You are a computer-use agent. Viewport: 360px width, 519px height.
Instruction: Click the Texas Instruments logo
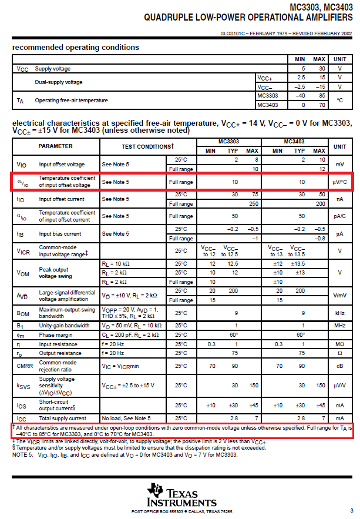182,497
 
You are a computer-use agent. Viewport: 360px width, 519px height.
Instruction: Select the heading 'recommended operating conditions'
76,47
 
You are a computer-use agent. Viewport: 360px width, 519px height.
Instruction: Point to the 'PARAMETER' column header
56,146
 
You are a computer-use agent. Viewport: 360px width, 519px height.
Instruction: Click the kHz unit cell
339,313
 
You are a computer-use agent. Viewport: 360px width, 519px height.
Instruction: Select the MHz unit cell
339,325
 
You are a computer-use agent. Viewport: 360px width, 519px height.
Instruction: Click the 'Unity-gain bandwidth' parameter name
65,325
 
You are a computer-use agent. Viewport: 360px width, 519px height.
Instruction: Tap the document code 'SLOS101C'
234,34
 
